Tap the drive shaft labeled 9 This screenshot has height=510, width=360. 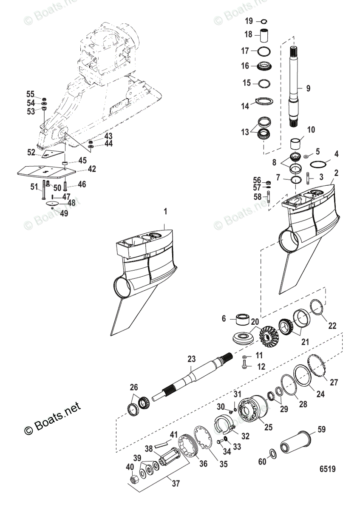[295, 85]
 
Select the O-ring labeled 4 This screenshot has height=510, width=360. [320, 164]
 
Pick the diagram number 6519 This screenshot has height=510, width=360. [328, 469]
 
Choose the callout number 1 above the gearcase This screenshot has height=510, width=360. [166, 211]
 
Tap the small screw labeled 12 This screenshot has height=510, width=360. [245, 365]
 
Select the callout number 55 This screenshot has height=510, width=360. [30, 94]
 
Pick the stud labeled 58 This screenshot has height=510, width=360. [269, 198]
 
